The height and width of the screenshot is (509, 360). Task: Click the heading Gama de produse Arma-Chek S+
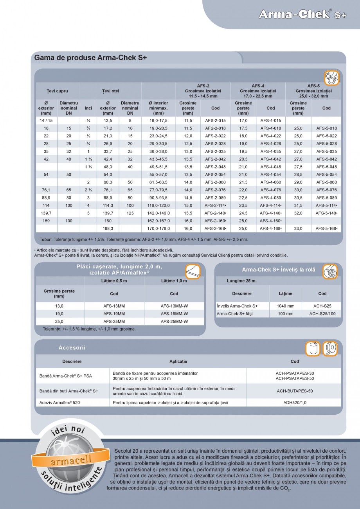(90, 58)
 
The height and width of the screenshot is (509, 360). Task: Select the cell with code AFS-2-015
(215, 121)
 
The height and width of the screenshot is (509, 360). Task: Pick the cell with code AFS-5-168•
(326, 228)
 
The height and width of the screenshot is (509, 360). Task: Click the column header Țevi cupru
(57, 91)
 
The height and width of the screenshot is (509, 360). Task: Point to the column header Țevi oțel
(110, 91)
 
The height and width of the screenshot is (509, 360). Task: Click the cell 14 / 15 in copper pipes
(46, 121)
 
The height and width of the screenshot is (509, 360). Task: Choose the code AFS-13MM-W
(174, 306)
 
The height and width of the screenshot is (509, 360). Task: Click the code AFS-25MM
(114, 321)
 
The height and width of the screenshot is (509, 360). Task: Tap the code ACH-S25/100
(322, 314)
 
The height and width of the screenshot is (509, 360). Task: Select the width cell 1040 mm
(285, 306)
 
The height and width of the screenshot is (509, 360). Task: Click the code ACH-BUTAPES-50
(295, 391)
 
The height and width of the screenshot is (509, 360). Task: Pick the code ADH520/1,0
(295, 402)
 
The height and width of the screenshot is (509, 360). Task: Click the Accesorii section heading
(72, 347)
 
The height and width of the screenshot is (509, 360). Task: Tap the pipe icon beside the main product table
(331, 78)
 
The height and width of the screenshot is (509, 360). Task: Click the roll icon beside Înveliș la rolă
(330, 271)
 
